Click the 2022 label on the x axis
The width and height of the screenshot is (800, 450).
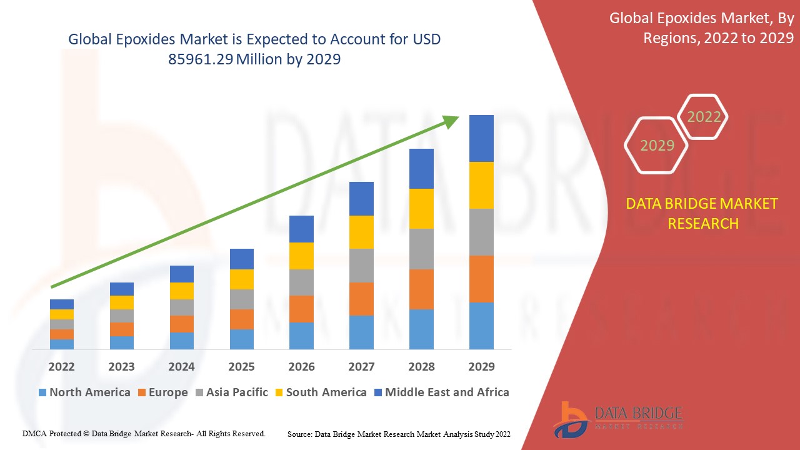pos(61,366)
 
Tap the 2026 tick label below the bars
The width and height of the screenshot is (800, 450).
pos(301,366)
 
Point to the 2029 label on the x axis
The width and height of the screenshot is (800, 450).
pos(481,366)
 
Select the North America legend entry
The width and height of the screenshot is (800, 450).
pos(84,392)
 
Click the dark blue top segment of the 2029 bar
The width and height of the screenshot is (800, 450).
pos(481,138)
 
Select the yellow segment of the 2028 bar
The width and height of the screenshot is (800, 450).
pos(421,209)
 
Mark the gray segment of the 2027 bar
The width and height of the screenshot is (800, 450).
pos(361,266)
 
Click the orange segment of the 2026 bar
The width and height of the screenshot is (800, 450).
pos(301,309)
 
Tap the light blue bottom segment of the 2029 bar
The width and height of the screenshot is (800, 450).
pos(481,326)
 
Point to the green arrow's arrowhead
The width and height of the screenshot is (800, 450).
pos(451,121)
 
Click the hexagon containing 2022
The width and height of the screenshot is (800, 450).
pos(704,117)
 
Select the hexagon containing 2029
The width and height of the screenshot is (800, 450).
pos(657,145)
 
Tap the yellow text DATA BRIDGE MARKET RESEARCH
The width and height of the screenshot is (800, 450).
pos(702,213)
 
